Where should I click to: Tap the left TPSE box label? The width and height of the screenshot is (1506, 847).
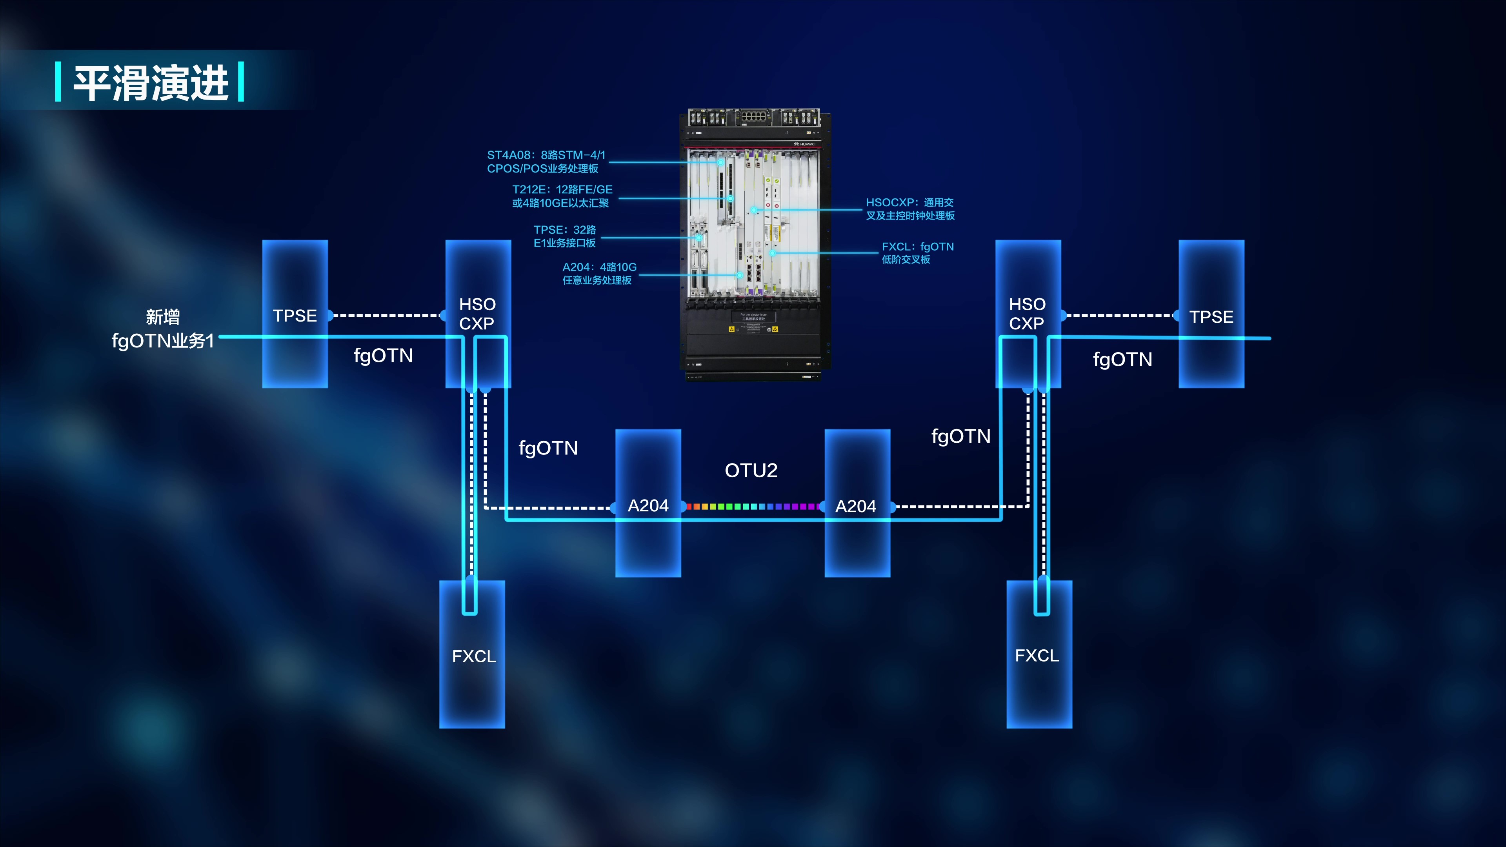[x=295, y=316]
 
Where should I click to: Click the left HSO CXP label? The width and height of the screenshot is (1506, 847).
[x=477, y=314]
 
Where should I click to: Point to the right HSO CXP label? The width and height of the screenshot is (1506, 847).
[x=1027, y=314]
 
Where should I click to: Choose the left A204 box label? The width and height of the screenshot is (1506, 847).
[x=648, y=505]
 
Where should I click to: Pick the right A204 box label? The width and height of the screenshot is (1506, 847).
[x=856, y=506]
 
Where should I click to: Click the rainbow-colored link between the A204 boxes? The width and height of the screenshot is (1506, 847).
[x=753, y=506]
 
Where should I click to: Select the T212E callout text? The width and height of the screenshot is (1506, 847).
[x=562, y=196]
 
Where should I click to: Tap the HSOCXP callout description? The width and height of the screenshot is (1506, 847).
[x=910, y=209]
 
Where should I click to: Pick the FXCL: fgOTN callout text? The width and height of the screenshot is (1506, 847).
[x=917, y=253]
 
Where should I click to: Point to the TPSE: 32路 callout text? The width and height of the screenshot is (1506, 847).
[x=565, y=236]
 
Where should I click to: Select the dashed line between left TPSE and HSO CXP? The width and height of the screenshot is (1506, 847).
[x=386, y=316]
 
